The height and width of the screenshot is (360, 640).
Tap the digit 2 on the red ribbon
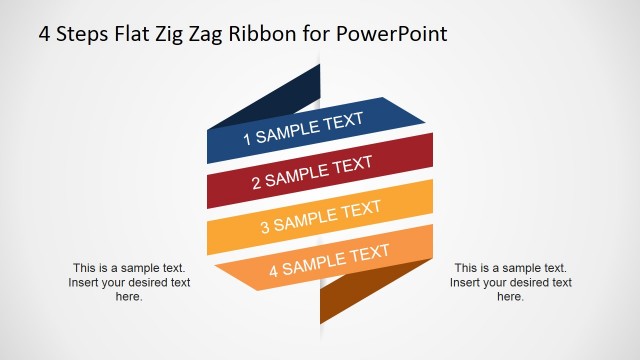pos(256,183)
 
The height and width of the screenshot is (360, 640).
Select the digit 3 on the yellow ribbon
pos(265,226)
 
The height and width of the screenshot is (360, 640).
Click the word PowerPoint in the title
pos(383,34)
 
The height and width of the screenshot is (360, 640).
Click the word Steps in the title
pos(81,34)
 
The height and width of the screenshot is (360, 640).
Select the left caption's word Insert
pos(86,282)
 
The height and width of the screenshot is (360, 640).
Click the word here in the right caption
pos(510,297)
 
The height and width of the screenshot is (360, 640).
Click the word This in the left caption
pos(85,268)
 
